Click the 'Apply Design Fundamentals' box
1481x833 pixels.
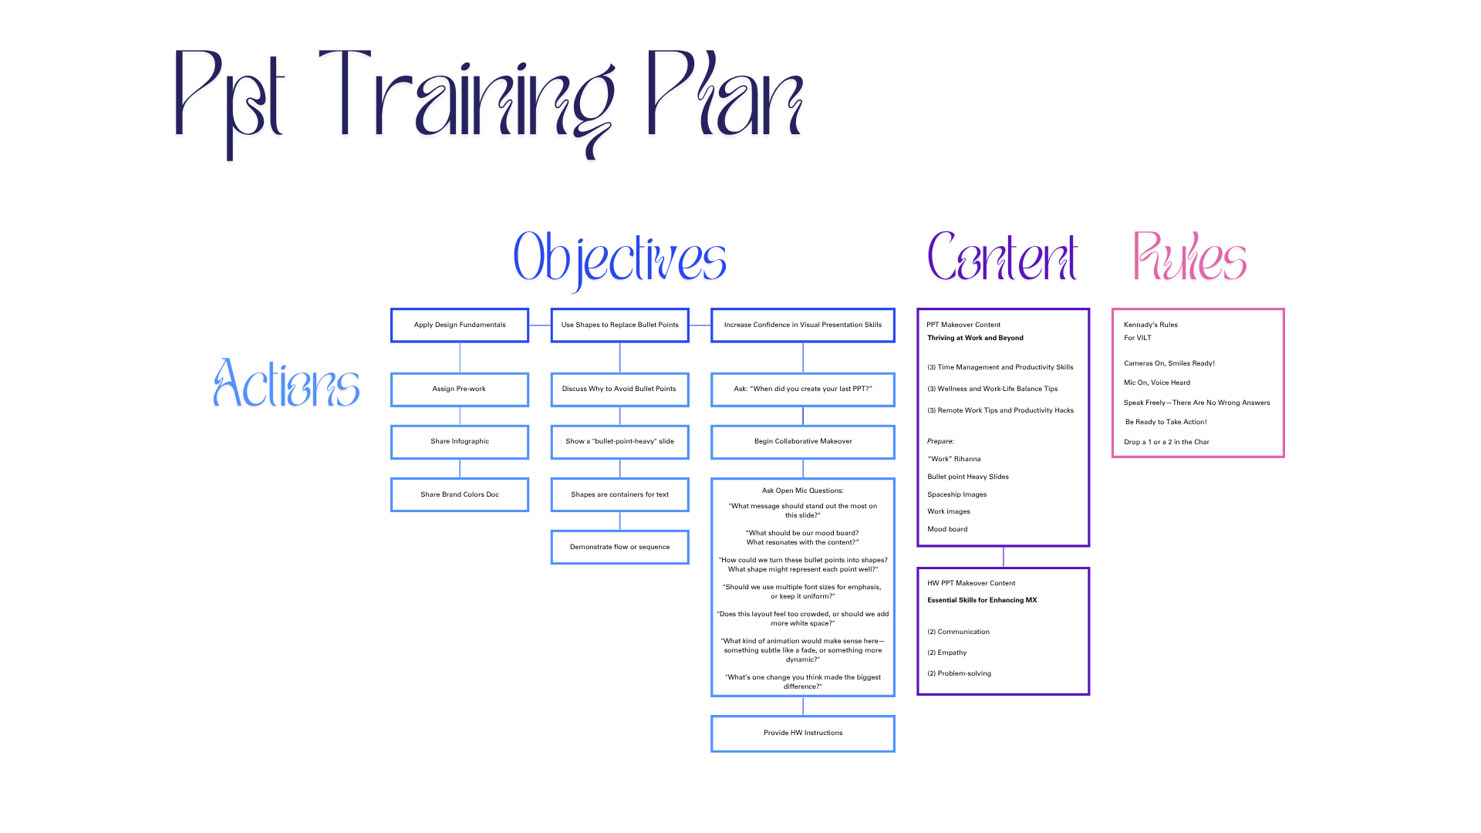tap(460, 325)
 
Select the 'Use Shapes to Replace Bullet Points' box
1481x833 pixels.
tap(619, 325)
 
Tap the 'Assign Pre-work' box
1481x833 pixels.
tap(460, 390)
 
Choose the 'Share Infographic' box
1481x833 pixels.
tap(460, 442)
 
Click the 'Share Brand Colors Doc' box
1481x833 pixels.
tap(460, 494)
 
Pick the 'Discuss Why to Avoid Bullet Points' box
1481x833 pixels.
tap(619, 390)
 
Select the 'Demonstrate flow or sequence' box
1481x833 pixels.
tap(619, 547)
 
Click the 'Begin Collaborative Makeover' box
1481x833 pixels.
tap(803, 442)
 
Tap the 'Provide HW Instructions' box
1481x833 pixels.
tap(803, 733)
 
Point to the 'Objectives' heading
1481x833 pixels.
tap(619, 258)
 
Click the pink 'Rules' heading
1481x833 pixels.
tap(1189, 257)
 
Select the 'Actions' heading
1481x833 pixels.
tap(286, 383)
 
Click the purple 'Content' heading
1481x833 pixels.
tap(1002, 257)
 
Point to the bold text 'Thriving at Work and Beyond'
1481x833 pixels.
tap(975, 338)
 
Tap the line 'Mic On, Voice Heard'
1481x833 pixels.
tap(1156, 383)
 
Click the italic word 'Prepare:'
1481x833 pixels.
tap(940, 441)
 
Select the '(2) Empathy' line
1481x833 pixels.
tap(946, 653)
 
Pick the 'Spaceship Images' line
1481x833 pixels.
tap(956, 494)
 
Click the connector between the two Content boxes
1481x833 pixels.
tap(1004, 557)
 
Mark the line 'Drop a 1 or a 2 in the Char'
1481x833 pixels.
tap(1166, 442)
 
